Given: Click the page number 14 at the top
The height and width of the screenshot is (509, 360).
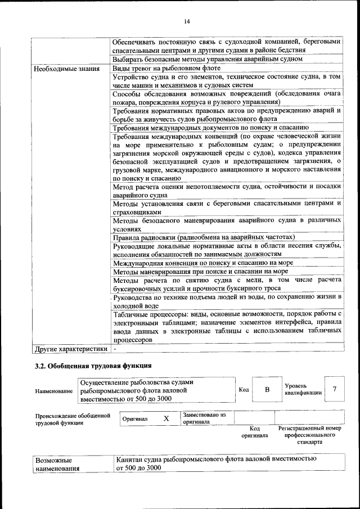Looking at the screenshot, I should click(x=187, y=21).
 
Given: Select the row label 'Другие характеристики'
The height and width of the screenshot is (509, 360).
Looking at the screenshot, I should click(x=70, y=349).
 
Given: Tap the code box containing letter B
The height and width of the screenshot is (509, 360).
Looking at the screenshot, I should click(x=268, y=390).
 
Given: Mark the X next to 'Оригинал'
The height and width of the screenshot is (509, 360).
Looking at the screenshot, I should click(x=166, y=419).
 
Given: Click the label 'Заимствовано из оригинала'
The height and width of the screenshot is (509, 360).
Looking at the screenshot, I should click(x=204, y=418).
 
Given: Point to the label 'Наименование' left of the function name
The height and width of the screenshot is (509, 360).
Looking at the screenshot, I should click(x=53, y=391).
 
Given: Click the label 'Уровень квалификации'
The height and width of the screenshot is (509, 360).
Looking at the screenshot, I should click(x=303, y=389).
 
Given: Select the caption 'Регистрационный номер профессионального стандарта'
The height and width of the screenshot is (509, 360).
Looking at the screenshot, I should click(x=310, y=435).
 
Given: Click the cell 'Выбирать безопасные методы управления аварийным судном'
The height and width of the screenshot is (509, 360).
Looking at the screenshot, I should click(x=208, y=59).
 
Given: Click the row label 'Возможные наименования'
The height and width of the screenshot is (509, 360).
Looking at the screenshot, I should click(x=57, y=463).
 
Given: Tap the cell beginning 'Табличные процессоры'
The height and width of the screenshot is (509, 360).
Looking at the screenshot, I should click(x=227, y=326).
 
